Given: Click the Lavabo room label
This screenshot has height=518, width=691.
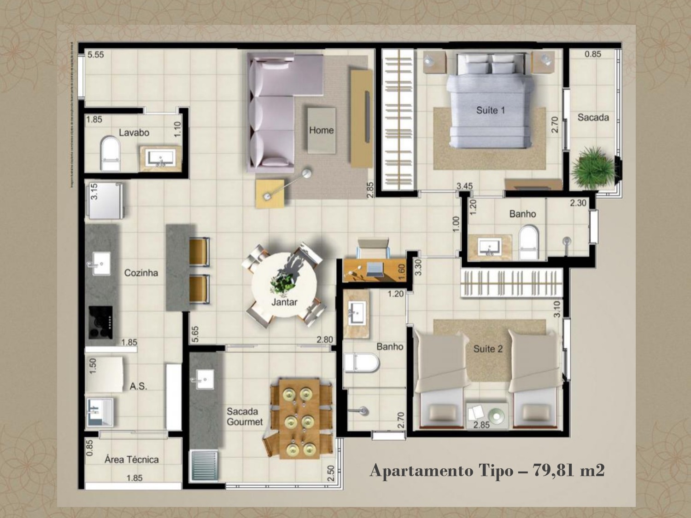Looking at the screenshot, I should [x=134, y=132].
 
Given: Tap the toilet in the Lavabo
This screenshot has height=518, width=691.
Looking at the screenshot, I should [x=110, y=152].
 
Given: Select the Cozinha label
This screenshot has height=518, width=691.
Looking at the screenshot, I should [x=141, y=273].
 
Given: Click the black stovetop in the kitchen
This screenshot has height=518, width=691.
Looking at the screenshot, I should [x=101, y=322].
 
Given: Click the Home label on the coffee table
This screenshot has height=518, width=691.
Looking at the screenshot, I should [x=321, y=130].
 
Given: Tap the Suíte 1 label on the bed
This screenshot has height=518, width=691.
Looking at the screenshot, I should [x=490, y=110].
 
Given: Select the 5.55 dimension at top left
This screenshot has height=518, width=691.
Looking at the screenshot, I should [x=96, y=55].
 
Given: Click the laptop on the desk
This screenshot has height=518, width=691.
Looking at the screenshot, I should [x=375, y=270].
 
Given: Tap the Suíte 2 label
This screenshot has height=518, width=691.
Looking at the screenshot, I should [x=488, y=349].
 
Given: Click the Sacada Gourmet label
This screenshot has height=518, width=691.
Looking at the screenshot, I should [x=244, y=417].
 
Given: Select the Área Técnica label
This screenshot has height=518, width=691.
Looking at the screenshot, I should [x=132, y=460].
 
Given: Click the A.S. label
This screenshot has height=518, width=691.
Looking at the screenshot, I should [x=138, y=386].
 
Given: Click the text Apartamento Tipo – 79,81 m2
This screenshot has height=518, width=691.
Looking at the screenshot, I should [x=487, y=471].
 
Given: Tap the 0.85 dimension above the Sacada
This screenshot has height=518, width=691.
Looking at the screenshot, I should [x=592, y=54].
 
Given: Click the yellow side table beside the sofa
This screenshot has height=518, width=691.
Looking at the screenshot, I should [x=270, y=193].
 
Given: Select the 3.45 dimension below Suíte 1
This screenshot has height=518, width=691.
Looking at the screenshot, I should [x=464, y=186].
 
